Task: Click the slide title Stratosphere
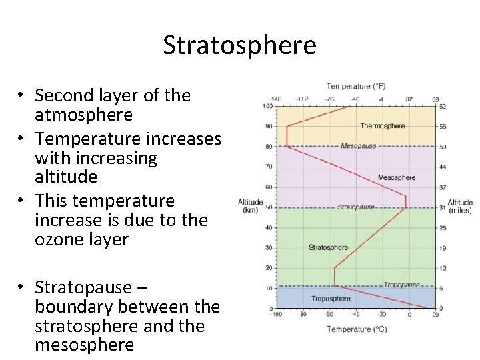pos(239,45)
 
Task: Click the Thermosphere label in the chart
pos(382,125)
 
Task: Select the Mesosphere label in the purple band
pos(396,177)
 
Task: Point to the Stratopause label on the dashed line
pos(355,207)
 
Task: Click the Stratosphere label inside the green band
pos(328,247)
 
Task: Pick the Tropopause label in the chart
pos(401,285)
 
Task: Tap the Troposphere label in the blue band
pos(331,298)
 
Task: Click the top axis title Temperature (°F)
pos(356,86)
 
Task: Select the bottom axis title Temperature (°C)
pos(356,329)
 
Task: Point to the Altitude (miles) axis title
pos(460,207)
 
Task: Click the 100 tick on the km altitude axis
pos(267,106)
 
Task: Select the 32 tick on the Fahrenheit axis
pos(409,99)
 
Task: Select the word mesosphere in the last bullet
pos(84,345)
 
